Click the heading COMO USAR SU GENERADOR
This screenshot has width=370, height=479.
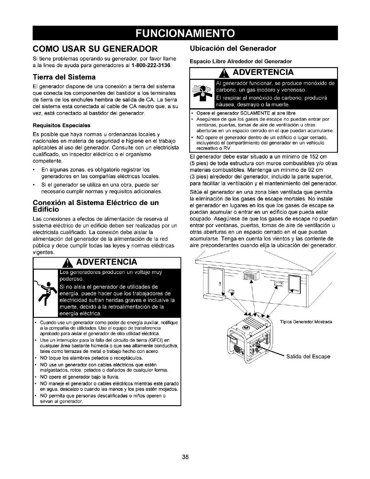pos(95,48)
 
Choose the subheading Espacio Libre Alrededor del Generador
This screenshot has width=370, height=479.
pos(240,61)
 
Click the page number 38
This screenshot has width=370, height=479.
pos(185,448)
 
